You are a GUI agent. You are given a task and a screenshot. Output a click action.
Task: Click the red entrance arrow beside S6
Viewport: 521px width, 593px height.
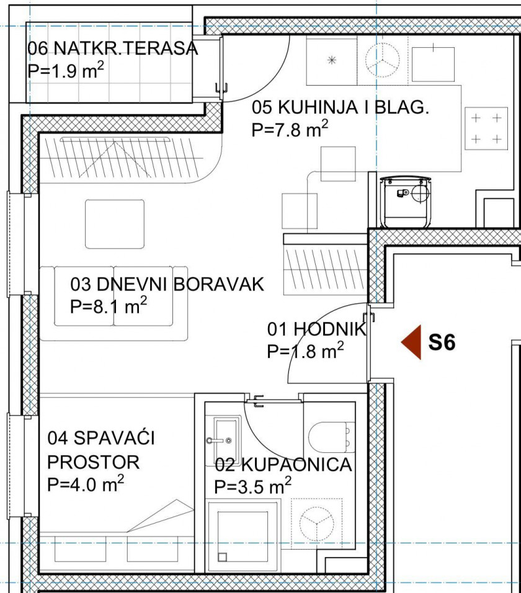pos(411,342)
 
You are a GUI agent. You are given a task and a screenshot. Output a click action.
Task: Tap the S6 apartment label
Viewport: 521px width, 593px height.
pos(442,342)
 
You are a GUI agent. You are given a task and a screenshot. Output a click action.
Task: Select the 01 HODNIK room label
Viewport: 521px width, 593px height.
pos(317,329)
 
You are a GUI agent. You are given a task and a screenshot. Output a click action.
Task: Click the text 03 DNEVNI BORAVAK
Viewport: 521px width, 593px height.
pos(167,284)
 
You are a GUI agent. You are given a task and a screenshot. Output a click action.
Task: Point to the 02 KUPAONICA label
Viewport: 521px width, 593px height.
pos(283,465)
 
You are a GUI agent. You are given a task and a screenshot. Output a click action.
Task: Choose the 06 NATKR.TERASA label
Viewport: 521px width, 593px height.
pos(113,48)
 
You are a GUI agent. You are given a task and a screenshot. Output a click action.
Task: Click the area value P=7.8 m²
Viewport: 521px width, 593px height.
pos(290,129)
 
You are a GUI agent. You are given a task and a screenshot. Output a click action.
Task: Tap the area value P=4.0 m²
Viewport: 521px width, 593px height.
pos(86,484)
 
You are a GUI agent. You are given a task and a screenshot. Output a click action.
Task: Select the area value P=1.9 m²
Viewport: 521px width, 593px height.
pos(66,70)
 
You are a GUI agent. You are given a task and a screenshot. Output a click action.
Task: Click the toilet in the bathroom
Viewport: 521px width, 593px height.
pos(331,437)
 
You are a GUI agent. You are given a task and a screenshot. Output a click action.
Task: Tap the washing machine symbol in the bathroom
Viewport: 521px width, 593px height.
pos(317,524)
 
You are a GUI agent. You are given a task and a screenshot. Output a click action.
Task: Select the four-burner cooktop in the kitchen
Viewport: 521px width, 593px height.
pos(486,128)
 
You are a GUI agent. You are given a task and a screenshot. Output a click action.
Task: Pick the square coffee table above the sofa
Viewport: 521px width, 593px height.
pos(115,225)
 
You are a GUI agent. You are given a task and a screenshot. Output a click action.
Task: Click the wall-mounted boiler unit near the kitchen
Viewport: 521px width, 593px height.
pos(405,202)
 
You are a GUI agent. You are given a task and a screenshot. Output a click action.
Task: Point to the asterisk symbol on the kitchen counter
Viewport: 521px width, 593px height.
pos(332,60)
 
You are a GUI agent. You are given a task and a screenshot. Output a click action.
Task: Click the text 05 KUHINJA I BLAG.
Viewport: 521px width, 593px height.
pos(341,107)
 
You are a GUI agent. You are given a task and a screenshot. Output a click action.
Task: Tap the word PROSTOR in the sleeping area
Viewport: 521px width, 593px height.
pos(94,462)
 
